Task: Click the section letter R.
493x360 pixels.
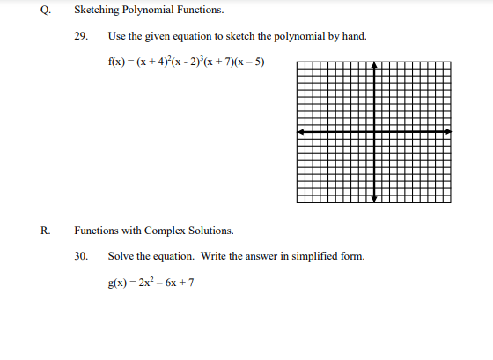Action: pyautogui.click(x=45, y=231)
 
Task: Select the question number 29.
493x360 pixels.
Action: pyautogui.click(x=81, y=37)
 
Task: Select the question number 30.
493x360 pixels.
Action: pyautogui.click(x=81, y=256)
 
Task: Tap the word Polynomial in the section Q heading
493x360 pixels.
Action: pyautogui.click(x=153, y=11)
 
